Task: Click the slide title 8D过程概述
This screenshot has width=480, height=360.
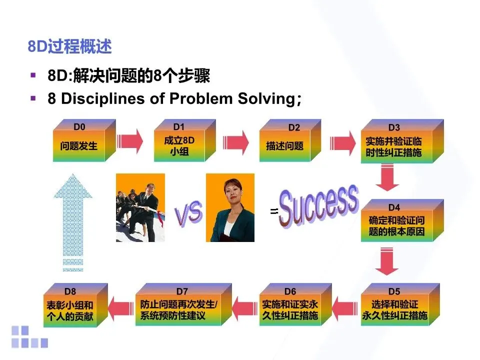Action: point(69,47)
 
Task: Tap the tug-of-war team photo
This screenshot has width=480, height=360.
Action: point(140,207)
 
